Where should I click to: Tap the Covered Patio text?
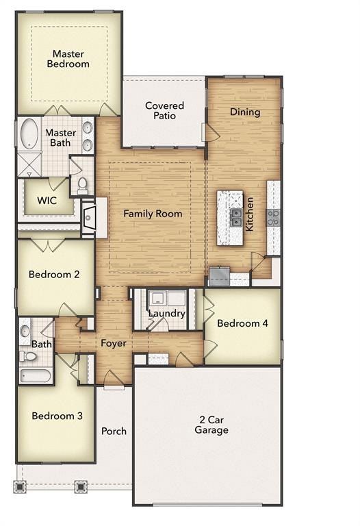click(x=164, y=110)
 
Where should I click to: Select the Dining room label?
click(x=244, y=112)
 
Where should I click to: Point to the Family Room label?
click(x=153, y=214)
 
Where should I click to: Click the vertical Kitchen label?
click(x=250, y=214)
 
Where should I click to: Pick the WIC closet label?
click(x=47, y=201)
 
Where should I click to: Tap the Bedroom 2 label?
click(x=54, y=275)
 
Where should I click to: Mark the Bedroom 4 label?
click(x=242, y=323)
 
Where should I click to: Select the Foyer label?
click(x=114, y=343)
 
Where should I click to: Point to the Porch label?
click(x=114, y=431)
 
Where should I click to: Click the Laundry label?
click(x=167, y=314)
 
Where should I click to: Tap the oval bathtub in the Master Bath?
click(x=29, y=134)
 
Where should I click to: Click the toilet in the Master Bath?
click(x=82, y=184)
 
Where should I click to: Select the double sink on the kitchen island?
click(x=235, y=217)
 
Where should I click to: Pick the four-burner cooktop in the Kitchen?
click(x=273, y=217)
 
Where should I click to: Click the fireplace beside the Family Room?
click(x=89, y=218)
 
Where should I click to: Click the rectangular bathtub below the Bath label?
click(x=35, y=375)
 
